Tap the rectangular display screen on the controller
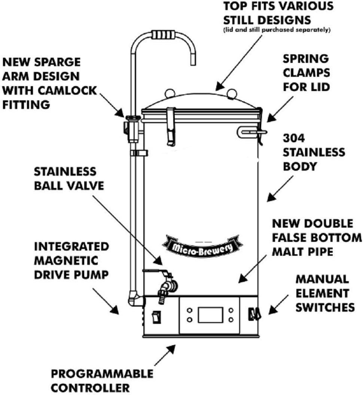[209, 315]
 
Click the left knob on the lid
[170, 92]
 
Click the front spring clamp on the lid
[171, 125]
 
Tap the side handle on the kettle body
[251, 131]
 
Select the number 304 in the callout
[294, 138]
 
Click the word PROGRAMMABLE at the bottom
[102, 374]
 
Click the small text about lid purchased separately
[277, 30]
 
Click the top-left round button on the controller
[190, 310]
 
